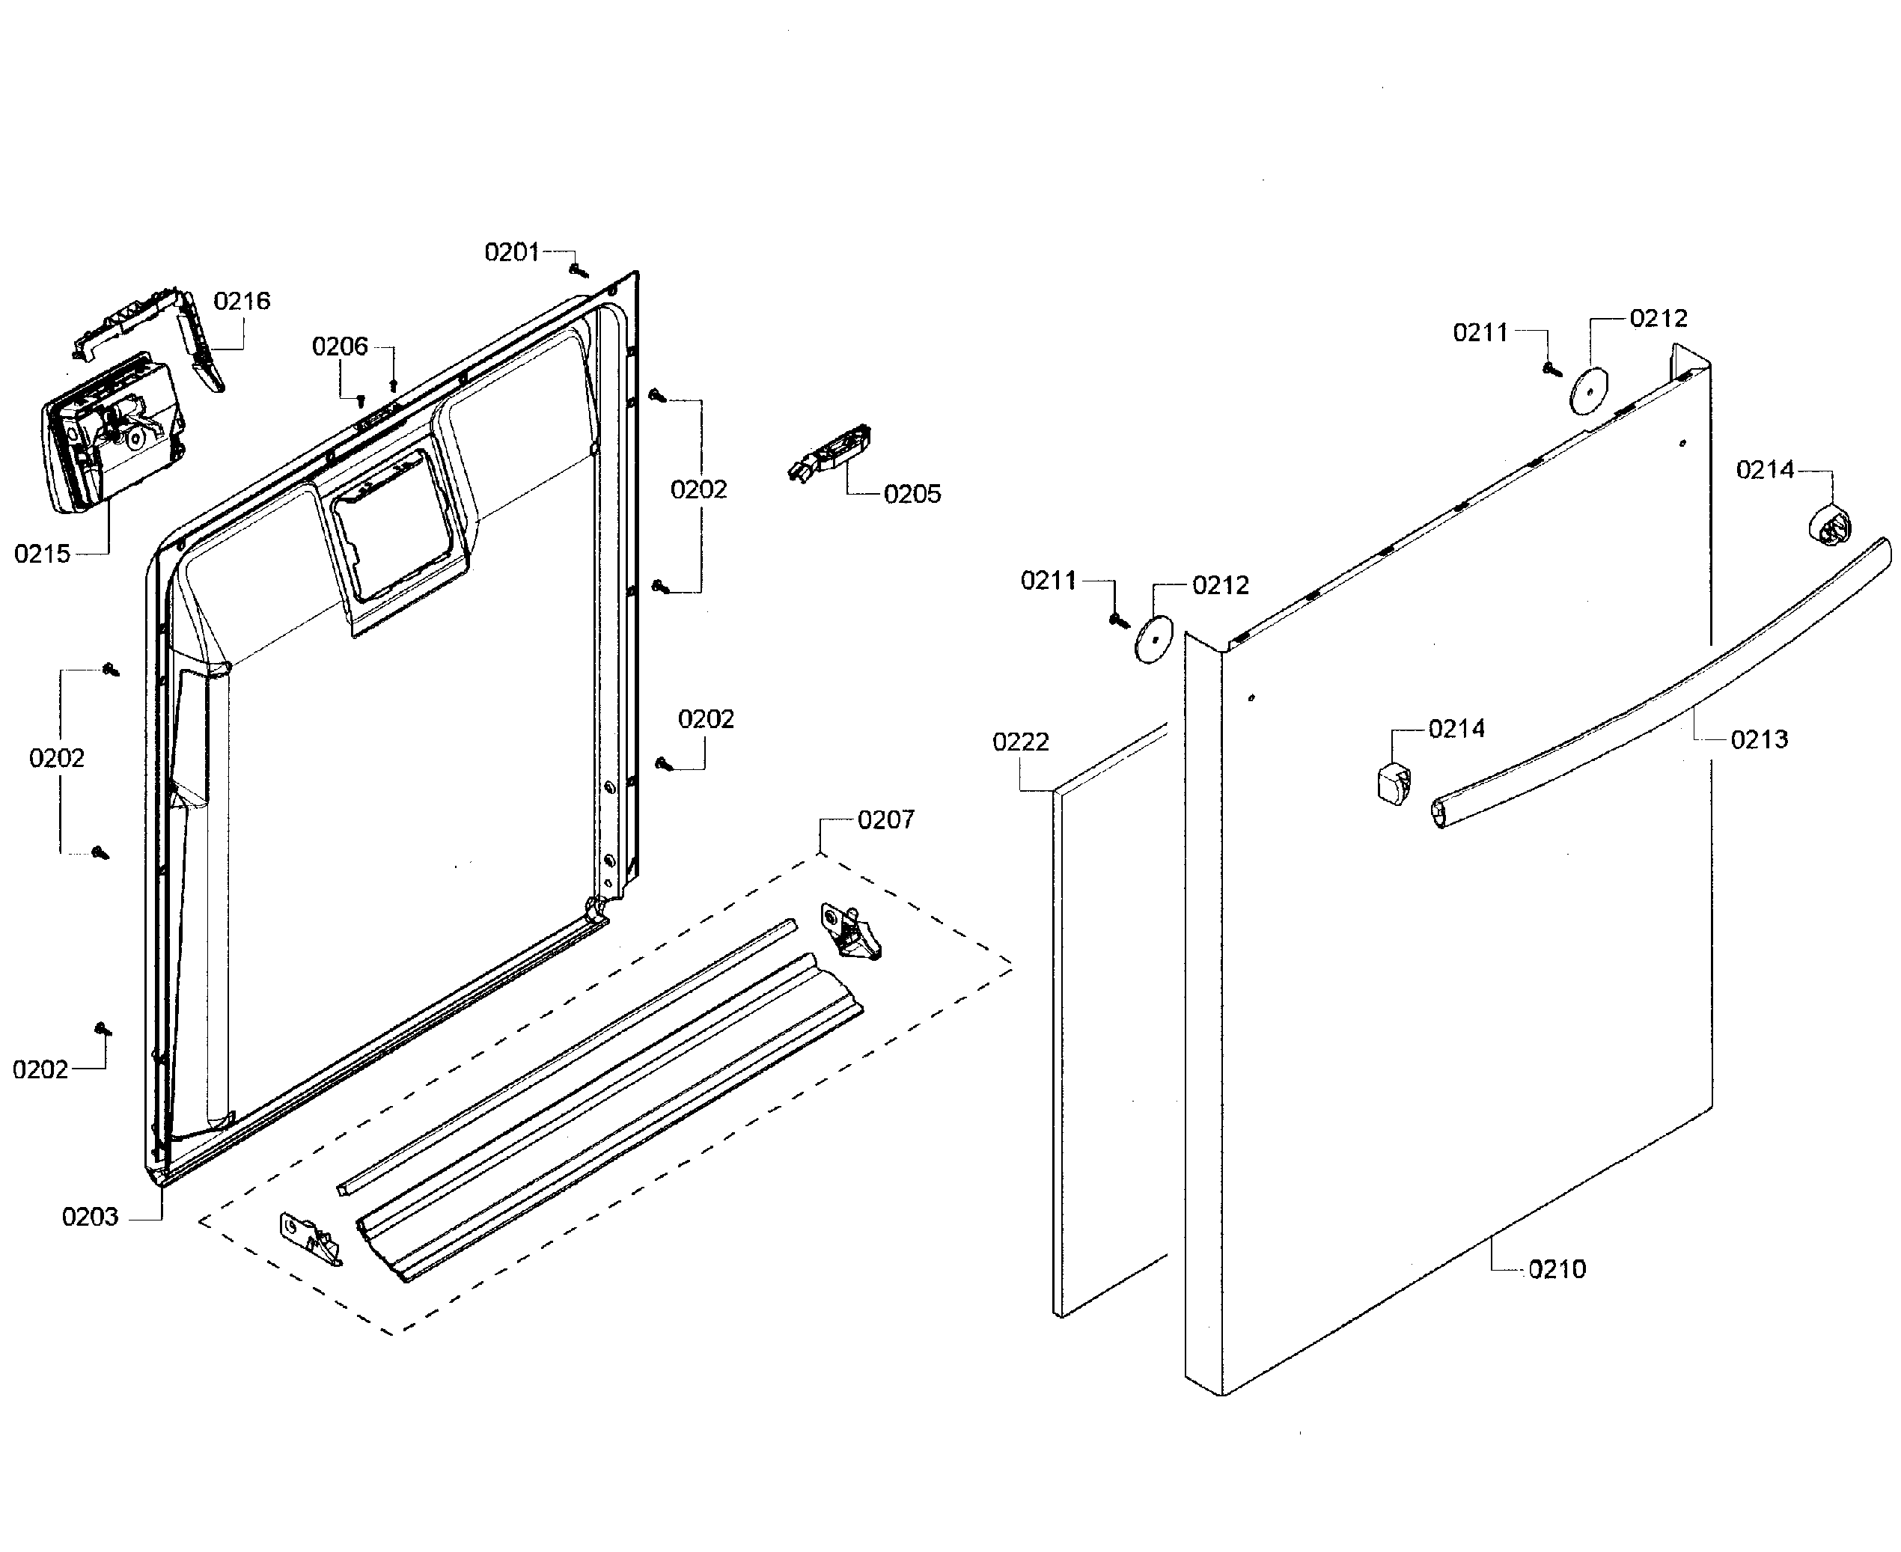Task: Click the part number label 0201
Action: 511,253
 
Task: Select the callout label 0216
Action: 242,302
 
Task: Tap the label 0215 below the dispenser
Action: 42,554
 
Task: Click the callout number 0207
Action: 885,820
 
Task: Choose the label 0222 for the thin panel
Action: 1020,742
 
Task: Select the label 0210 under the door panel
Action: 1556,1269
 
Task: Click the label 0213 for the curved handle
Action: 1758,739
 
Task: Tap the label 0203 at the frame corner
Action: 89,1217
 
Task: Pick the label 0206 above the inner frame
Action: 340,347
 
